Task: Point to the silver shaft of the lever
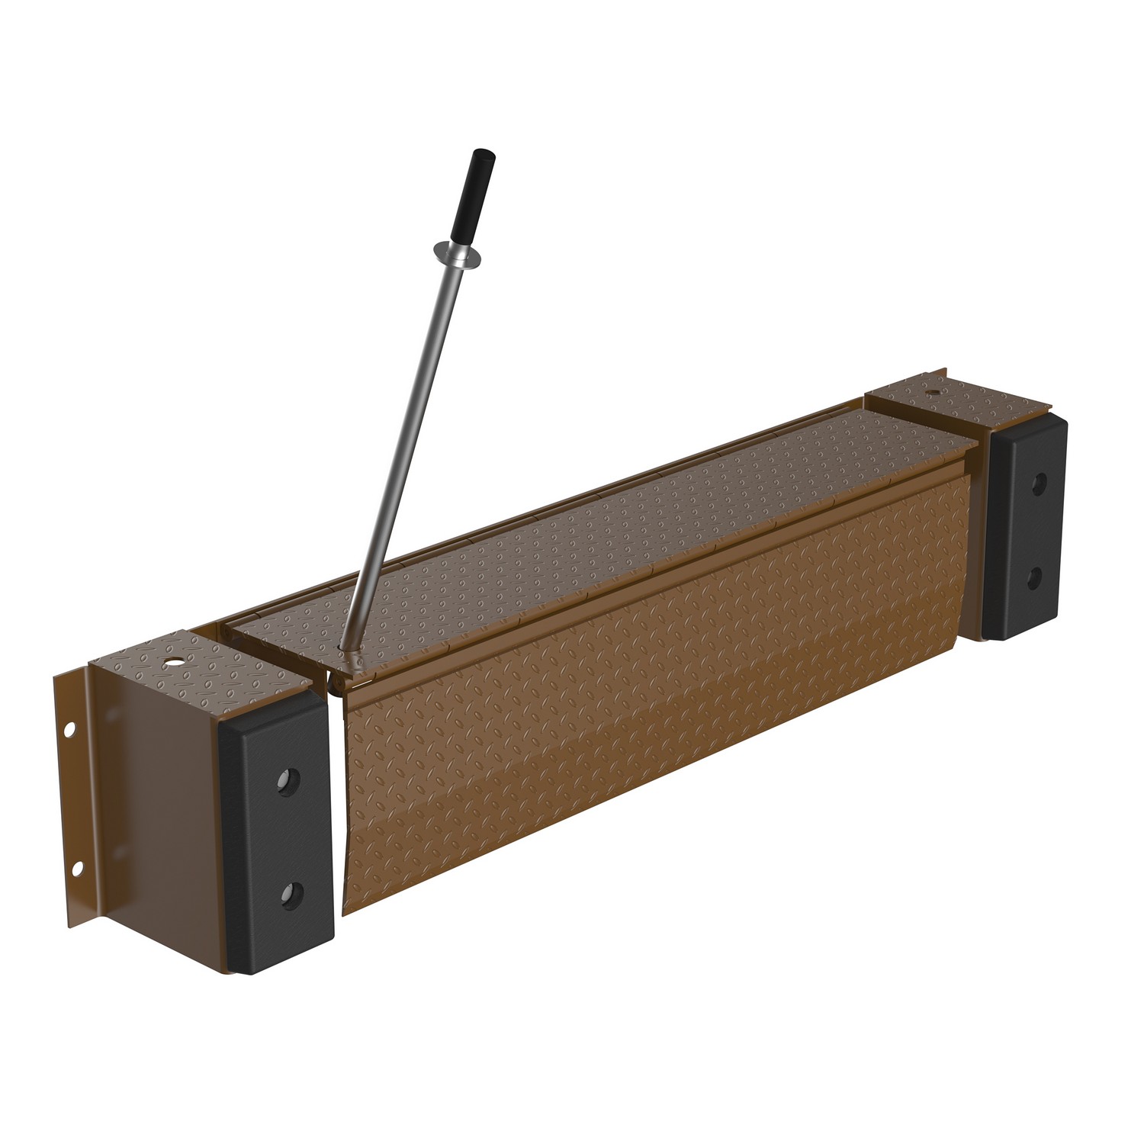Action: pyautogui.click(x=403, y=442)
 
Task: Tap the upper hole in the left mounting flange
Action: pyautogui.click(x=69, y=730)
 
